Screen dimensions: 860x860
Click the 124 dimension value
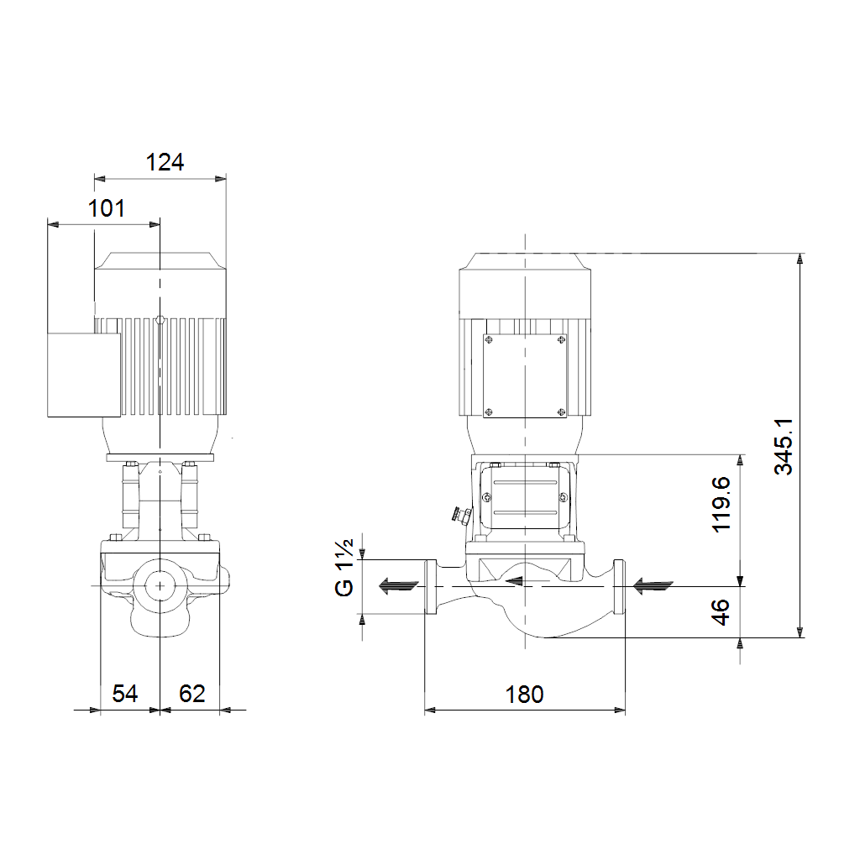pos(165,162)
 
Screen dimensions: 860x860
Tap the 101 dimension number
pos(107,208)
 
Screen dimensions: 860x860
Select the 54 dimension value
pos(124,694)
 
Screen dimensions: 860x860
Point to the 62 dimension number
pos(192,694)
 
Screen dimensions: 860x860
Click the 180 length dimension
pos(524,695)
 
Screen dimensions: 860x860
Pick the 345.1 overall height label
pos(784,447)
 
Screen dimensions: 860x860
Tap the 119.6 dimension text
pos(721,504)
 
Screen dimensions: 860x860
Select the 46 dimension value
pos(721,612)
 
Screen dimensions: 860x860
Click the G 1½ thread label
pos(344,567)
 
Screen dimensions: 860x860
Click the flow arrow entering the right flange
pos(653,585)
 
